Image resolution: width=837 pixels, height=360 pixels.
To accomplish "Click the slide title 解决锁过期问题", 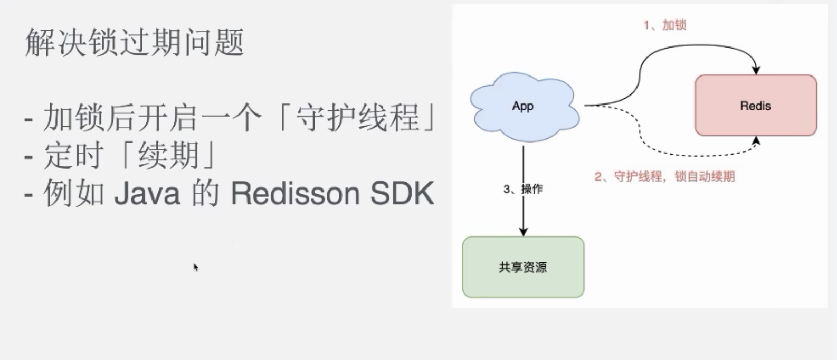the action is point(135,42).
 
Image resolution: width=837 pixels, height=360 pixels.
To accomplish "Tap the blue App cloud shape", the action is point(525,107).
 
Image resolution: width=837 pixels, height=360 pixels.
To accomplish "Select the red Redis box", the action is point(756,106).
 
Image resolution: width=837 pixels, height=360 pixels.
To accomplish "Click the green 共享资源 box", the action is point(523,267).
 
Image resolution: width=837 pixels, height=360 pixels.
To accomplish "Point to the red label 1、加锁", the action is point(665,25).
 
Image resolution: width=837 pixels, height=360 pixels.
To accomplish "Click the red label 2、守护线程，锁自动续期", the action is point(665,176).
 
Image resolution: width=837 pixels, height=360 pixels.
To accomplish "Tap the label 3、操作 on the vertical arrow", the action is point(523,189).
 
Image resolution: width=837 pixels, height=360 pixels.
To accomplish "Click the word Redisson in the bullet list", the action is point(295,193).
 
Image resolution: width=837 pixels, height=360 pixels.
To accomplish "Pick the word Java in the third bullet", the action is point(148,193).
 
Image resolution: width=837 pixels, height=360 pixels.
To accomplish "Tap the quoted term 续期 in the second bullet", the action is point(168,155).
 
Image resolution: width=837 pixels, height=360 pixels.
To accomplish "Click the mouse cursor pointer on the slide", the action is point(196,267).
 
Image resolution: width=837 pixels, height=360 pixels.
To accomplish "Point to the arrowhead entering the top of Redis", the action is point(756,70).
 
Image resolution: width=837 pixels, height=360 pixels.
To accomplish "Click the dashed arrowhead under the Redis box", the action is point(756,140).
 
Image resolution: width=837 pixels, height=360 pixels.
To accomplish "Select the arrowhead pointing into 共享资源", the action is point(524,231).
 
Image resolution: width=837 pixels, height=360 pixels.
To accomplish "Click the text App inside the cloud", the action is point(523,106).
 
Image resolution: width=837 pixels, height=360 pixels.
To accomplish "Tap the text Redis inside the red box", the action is point(756,106).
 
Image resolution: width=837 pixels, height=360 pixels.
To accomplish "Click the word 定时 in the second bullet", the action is point(73,155).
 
